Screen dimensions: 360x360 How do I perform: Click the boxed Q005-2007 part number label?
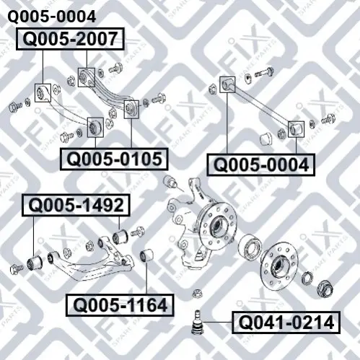tap(70, 39)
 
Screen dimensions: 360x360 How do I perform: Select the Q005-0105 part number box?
tap(114, 159)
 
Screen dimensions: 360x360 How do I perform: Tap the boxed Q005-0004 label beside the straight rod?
tap(260, 165)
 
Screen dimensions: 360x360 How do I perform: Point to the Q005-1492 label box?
tap(76, 205)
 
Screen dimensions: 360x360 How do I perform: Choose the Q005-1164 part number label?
tap(120, 305)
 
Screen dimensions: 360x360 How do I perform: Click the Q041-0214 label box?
tap(286, 322)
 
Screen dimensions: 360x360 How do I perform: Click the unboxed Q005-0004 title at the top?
tap(52, 17)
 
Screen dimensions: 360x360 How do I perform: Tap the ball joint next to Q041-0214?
tap(198, 322)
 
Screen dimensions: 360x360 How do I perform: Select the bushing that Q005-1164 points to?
tap(146, 255)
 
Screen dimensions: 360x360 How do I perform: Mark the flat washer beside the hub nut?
tap(307, 278)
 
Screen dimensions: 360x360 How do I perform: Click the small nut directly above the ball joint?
tap(197, 294)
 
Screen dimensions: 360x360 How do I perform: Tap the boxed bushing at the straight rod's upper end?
tap(227, 84)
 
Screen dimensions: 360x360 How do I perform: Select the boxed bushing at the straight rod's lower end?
tap(296, 129)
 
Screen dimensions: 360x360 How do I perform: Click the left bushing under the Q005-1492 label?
tap(35, 263)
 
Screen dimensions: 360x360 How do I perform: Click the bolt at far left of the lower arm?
tap(17, 269)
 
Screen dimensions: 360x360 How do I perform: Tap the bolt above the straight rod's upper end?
tap(265, 72)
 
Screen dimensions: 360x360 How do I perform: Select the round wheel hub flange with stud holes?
tap(280, 266)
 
